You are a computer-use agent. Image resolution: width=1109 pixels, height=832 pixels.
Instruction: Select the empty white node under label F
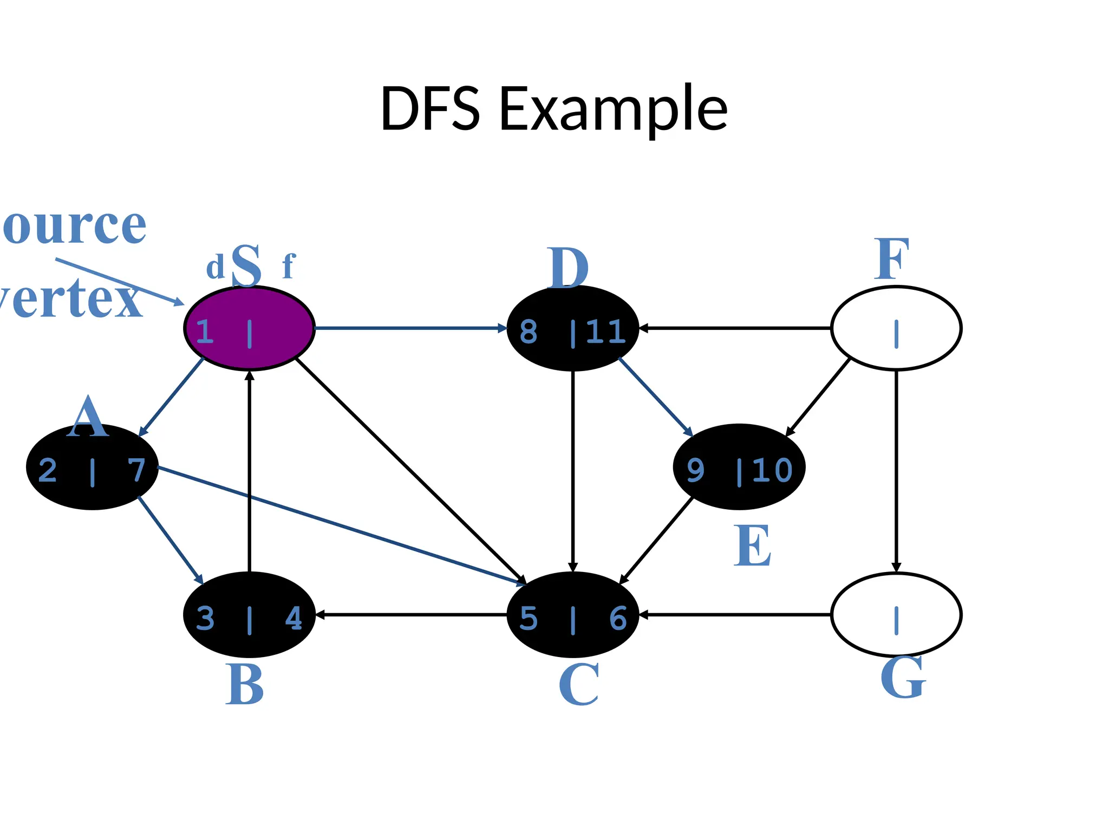896,328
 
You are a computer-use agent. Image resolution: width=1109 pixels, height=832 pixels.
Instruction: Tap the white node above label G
896,615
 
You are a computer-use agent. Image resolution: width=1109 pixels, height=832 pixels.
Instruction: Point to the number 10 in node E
772,470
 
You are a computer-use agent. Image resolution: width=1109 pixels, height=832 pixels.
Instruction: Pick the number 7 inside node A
136,470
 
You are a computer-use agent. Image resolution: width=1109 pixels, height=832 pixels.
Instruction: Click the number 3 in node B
205,619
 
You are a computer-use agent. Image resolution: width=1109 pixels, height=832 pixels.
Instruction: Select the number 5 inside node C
529,619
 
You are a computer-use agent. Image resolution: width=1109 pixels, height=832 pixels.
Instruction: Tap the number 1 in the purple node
204,331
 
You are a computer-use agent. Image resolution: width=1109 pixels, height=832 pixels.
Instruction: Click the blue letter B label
245,685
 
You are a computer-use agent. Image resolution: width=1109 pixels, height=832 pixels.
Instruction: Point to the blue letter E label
753,546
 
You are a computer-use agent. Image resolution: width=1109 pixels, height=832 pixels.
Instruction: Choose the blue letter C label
578,685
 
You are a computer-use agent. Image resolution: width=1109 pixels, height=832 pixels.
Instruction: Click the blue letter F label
891,260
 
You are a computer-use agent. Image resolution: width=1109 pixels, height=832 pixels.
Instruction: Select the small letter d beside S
215,268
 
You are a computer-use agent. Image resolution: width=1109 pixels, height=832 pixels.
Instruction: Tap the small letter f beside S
289,266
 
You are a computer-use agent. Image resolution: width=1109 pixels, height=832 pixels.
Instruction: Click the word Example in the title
613,109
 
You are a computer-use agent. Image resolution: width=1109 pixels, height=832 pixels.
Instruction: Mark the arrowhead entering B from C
319,615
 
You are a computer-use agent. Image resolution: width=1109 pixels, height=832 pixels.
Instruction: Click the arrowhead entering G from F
896,567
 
